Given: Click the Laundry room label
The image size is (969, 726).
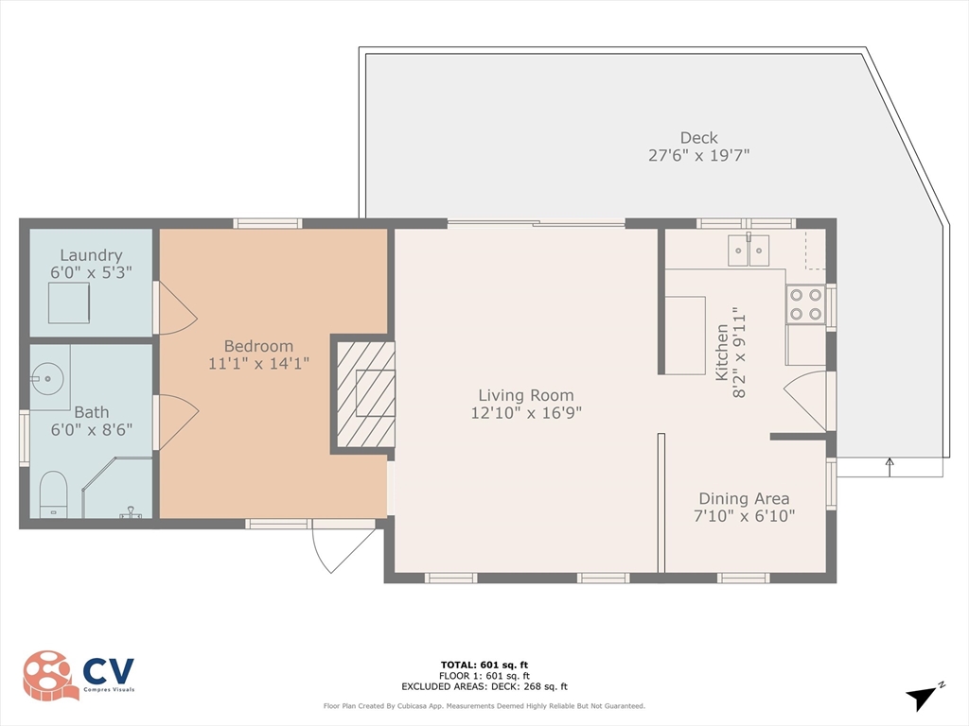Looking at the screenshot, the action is [x=91, y=255].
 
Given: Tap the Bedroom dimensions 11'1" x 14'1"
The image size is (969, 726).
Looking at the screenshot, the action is [x=258, y=364].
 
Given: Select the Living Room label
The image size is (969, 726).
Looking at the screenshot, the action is [x=526, y=395].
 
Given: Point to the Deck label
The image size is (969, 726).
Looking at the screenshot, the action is [x=699, y=138].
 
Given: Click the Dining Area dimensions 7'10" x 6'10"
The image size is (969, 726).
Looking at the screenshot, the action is [x=744, y=515].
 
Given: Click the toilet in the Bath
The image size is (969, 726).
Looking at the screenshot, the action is [x=53, y=494].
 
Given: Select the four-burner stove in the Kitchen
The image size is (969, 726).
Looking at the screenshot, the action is [x=806, y=304].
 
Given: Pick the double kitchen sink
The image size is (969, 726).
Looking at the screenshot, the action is [x=749, y=250].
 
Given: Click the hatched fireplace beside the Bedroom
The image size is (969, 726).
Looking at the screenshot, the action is [x=365, y=394].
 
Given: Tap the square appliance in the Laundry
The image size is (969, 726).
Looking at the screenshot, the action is [x=69, y=302].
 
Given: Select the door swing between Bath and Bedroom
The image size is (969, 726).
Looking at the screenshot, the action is [x=179, y=423].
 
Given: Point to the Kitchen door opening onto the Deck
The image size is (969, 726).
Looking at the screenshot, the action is [x=804, y=400].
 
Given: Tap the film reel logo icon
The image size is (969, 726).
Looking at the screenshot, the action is [x=51, y=675].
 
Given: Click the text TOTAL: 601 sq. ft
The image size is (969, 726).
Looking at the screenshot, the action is [x=484, y=665].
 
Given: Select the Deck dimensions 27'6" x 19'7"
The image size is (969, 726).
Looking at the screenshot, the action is [x=699, y=155].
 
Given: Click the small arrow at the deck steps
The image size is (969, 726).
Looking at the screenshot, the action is [x=890, y=467].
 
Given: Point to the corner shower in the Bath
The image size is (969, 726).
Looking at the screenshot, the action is [x=117, y=488].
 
